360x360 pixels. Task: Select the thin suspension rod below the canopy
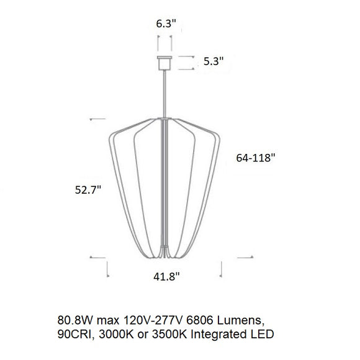pyautogui.click(x=165, y=93)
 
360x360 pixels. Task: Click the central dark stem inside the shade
pyautogui.click(x=165, y=186)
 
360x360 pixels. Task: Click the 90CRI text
pyautogui.click(x=73, y=335)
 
